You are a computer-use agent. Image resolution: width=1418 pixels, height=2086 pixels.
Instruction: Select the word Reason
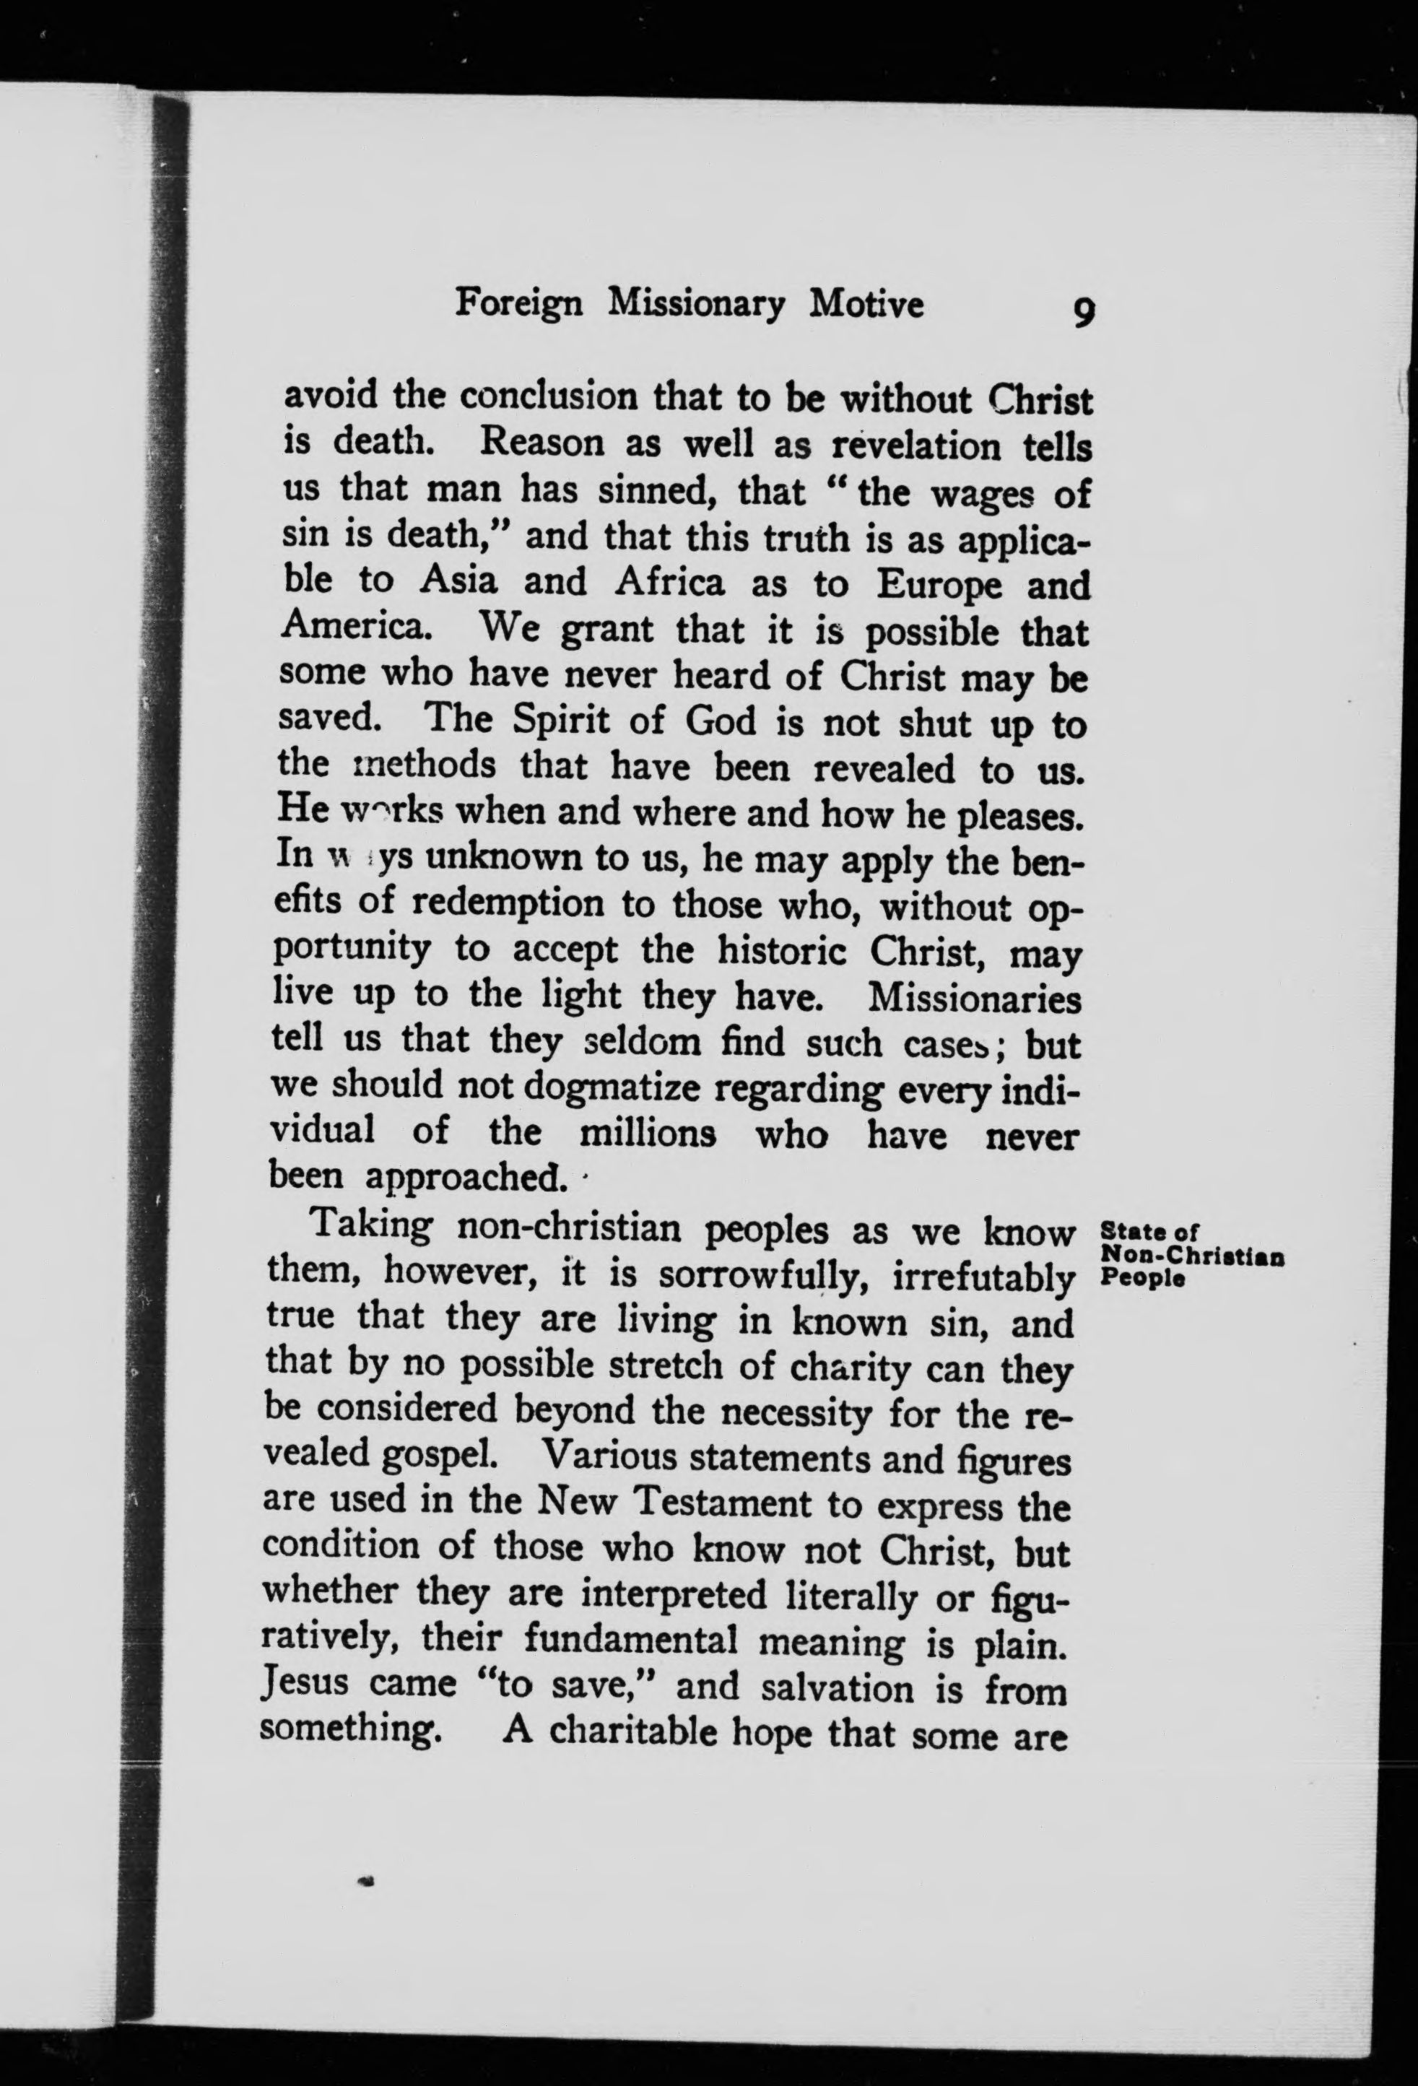click(541, 443)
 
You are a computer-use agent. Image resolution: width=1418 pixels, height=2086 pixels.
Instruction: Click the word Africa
click(669, 583)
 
